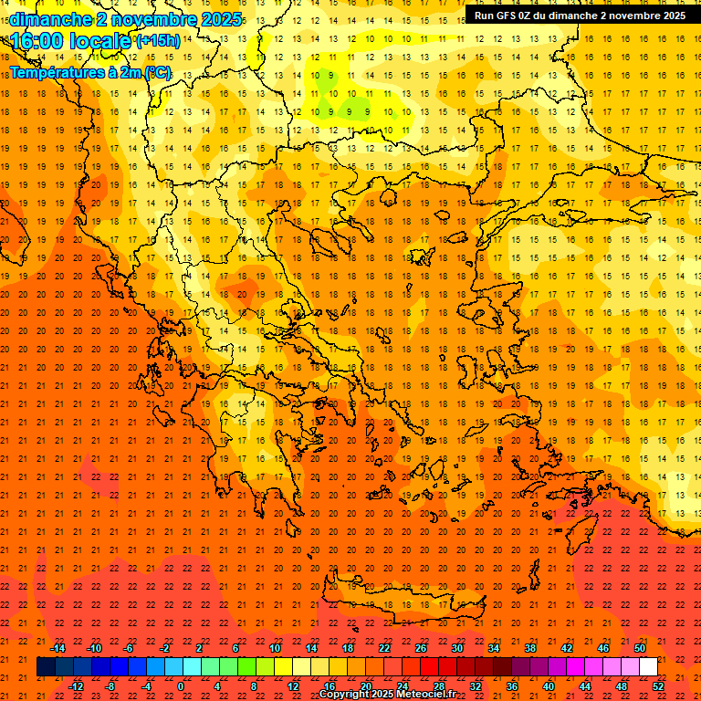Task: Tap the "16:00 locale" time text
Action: tap(71, 41)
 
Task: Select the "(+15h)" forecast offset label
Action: tap(158, 41)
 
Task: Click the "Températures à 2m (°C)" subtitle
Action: tap(90, 72)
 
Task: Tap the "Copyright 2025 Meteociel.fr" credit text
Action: tap(387, 695)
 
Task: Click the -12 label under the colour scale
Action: tap(77, 686)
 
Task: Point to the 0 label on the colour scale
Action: tap(181, 686)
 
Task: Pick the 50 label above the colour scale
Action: tap(640, 648)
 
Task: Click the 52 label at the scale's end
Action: tap(659, 686)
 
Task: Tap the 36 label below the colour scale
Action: tap(512, 686)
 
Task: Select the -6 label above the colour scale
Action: tap(129, 648)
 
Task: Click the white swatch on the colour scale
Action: tap(648, 667)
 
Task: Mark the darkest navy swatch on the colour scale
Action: tap(46, 667)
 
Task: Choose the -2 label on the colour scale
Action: tap(164, 648)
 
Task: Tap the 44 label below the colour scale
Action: tap(585, 686)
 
